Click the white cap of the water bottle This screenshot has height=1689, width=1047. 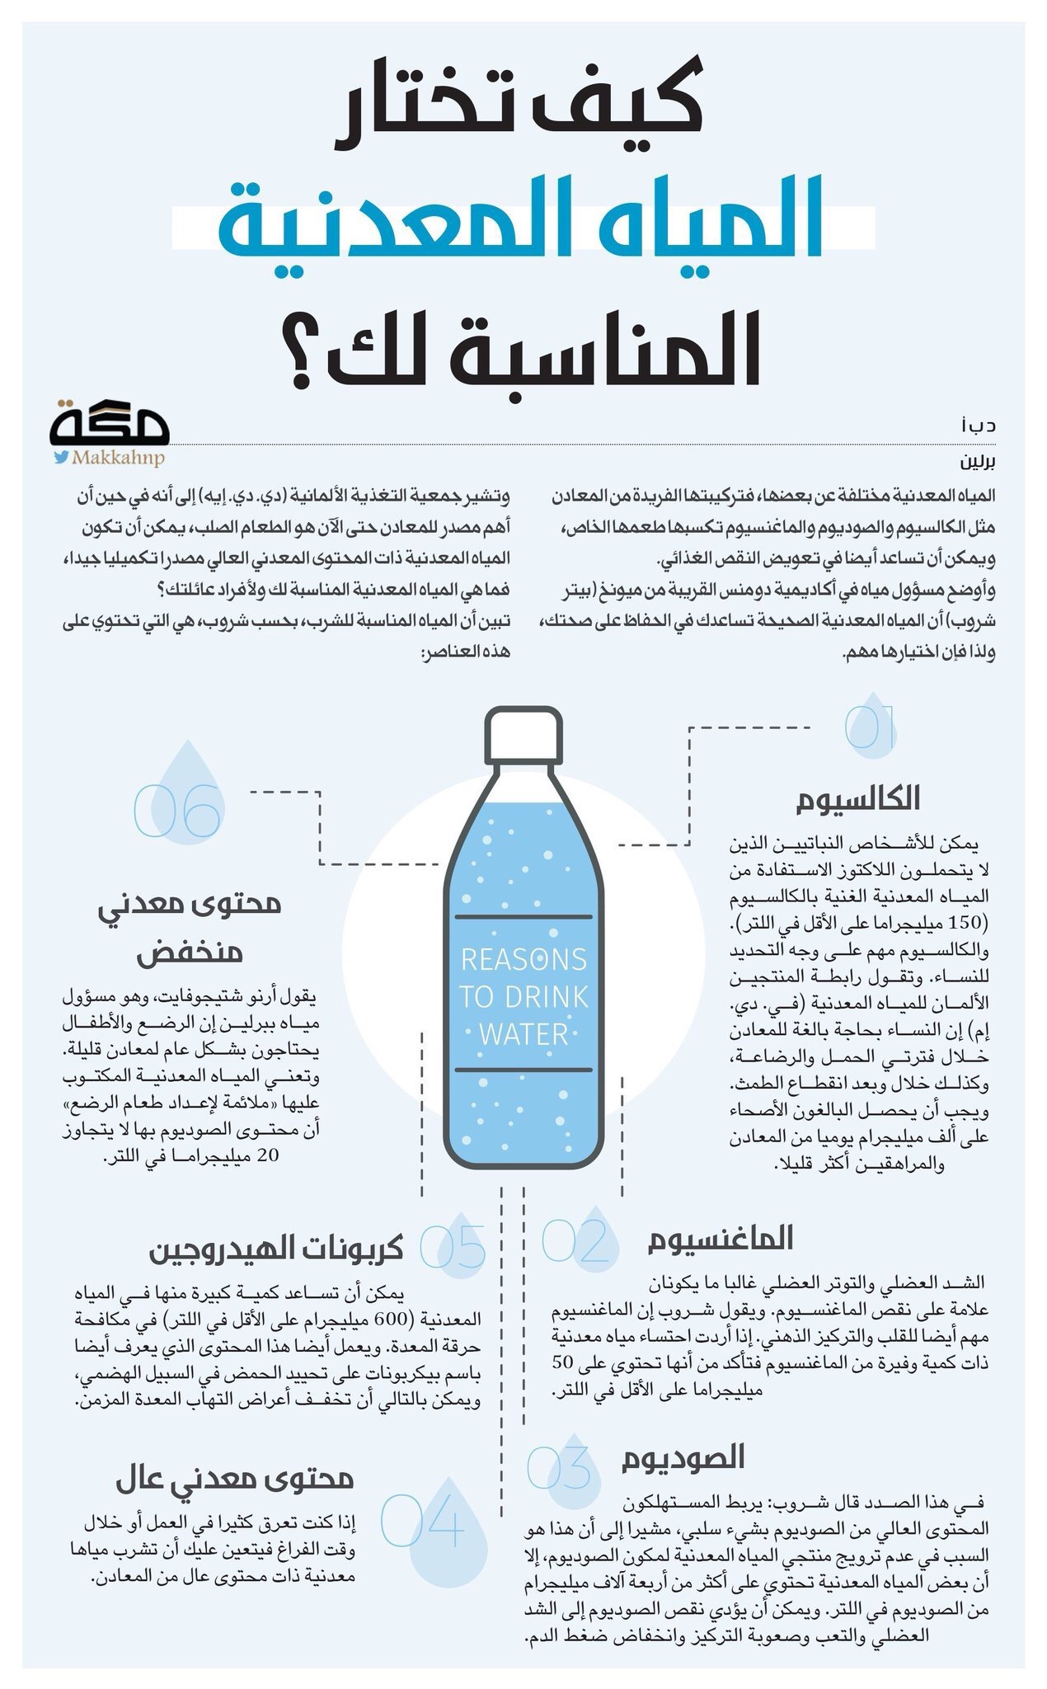point(523,733)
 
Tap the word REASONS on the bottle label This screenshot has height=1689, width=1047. point(523,959)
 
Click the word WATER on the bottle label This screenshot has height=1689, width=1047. point(523,1033)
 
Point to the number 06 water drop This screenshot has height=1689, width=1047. point(179,804)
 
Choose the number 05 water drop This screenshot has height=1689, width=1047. point(454,1245)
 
